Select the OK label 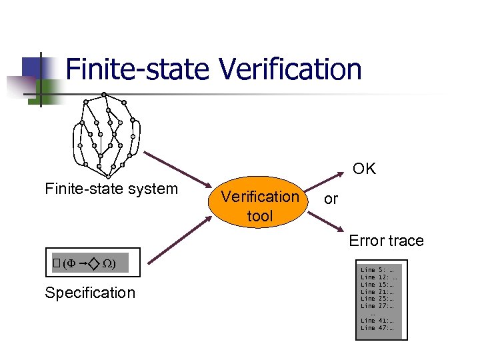(364, 169)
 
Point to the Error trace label (386, 241)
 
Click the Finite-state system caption (111, 189)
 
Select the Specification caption (89, 293)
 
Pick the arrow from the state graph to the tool (177, 170)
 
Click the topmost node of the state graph (104, 95)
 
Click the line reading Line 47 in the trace (377, 328)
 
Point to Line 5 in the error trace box (377, 270)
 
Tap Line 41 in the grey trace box (377, 321)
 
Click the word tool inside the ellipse (260, 217)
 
